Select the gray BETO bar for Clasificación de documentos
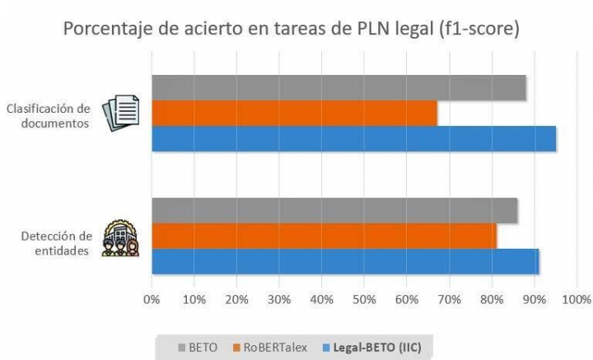coord(339,87)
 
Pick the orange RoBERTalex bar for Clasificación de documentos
coord(294,113)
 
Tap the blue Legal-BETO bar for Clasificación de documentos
coord(353,138)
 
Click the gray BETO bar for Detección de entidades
coord(334,210)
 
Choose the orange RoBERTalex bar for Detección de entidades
coord(324,236)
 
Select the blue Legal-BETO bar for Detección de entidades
coord(345,261)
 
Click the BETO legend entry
coord(198,347)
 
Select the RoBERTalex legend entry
coord(271,347)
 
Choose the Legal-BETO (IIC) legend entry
coord(376,347)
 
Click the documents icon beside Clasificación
coord(121,115)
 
